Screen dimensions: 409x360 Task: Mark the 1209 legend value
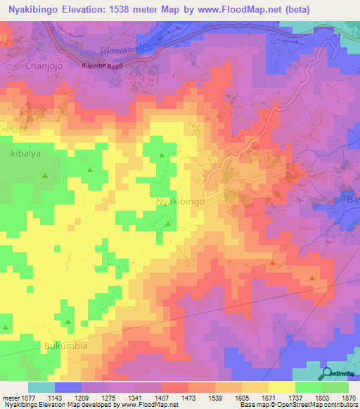tap(90, 398)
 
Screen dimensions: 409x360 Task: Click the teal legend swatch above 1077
tap(41, 387)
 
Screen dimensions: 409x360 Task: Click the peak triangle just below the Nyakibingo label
tap(167, 223)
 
